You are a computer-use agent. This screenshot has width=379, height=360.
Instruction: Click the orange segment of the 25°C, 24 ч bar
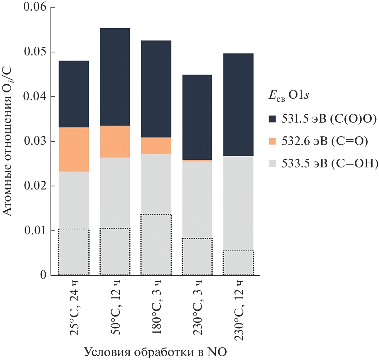coord(74,149)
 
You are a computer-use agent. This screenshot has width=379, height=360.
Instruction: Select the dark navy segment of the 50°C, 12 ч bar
coord(115,77)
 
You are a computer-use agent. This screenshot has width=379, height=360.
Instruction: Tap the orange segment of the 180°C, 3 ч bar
coord(156,146)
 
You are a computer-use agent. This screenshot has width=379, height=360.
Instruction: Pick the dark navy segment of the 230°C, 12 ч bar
coord(238,105)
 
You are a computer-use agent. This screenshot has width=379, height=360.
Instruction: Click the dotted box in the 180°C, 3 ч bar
coord(156,245)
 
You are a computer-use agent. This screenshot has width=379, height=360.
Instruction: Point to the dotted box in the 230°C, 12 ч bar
coord(238,263)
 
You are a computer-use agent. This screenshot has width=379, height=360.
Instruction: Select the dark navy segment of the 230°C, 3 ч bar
coord(197,117)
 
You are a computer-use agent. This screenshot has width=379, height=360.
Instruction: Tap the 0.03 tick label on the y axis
coord(35,141)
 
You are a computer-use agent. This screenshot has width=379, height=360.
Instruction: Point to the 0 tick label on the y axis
coord(43,275)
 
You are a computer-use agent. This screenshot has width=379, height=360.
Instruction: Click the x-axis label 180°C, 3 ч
coord(156,308)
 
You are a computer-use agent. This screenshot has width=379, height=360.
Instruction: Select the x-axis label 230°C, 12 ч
coord(239,310)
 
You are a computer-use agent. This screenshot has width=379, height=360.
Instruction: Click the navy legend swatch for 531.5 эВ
coord(272,119)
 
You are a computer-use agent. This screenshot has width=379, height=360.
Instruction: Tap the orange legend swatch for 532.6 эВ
coord(272,141)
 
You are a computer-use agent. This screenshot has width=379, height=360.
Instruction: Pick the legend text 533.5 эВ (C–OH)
coord(330,163)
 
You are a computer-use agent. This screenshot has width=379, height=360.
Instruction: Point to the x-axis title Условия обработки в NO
coord(155,352)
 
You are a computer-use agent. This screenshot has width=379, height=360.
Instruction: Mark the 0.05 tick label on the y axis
coord(35,52)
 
